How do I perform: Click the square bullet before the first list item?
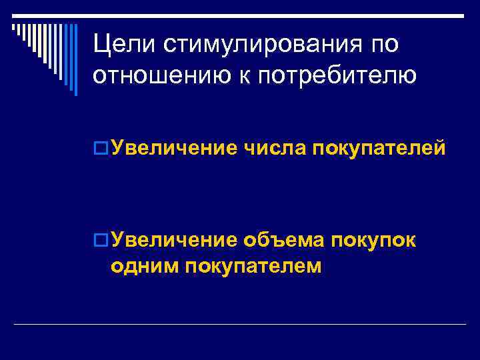[x=101, y=147]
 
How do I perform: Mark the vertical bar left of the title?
[x=75, y=60]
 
